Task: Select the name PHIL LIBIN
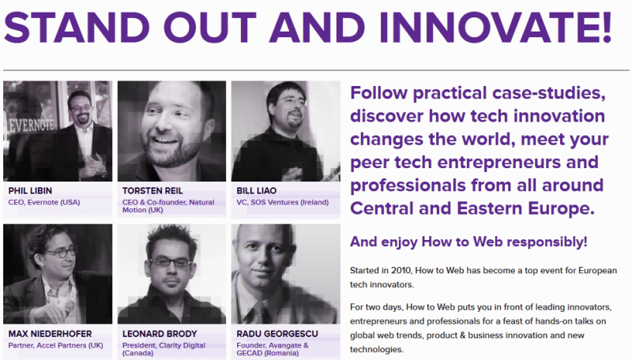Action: click(31, 191)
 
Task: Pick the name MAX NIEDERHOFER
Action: click(51, 334)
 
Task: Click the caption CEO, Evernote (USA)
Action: click(44, 202)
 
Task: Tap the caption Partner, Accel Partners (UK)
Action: click(55, 345)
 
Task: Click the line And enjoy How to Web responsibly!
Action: click(468, 242)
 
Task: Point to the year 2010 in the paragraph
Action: click(401, 271)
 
